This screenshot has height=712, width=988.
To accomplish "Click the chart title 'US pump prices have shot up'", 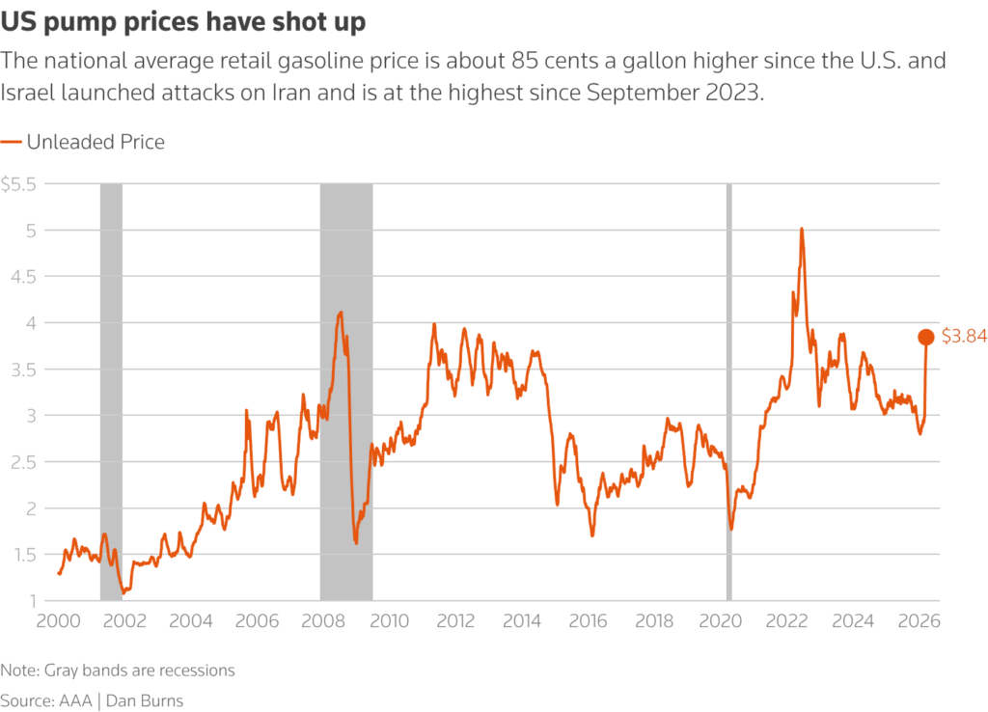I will pyautogui.click(x=182, y=22).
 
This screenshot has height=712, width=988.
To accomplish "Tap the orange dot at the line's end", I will pyautogui.click(x=925, y=337).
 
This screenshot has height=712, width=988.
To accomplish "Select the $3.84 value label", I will pyautogui.click(x=964, y=337).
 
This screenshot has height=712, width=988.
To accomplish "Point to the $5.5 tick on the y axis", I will pyautogui.click(x=18, y=184).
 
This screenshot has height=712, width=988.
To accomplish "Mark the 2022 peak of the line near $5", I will pyautogui.click(x=801, y=230).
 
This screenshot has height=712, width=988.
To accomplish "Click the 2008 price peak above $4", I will pyautogui.click(x=340, y=313).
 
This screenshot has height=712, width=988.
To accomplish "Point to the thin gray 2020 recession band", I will pyautogui.click(x=728, y=386).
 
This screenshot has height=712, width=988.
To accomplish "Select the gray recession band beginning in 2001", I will pyautogui.click(x=111, y=386).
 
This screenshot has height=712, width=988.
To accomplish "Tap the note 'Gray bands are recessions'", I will pyautogui.click(x=118, y=670).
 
